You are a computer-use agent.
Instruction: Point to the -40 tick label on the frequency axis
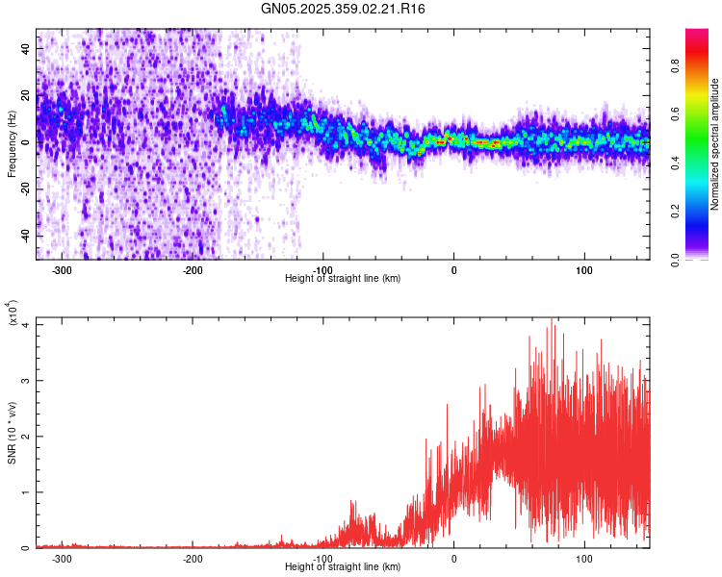tap(26, 236)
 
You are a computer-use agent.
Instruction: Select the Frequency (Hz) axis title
tap(12, 144)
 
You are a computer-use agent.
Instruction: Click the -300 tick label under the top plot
tap(63, 269)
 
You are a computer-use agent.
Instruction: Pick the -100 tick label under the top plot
tap(323, 269)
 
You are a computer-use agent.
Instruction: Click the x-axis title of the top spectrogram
tap(343, 278)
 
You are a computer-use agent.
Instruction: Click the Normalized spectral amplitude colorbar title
tap(714, 144)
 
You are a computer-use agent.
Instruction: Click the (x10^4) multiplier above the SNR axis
tap(13, 314)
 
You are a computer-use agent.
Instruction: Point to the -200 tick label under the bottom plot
tap(193, 558)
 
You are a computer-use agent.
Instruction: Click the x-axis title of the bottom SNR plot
tap(343, 566)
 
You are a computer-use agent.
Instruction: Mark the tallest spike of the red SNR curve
tap(552, 319)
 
